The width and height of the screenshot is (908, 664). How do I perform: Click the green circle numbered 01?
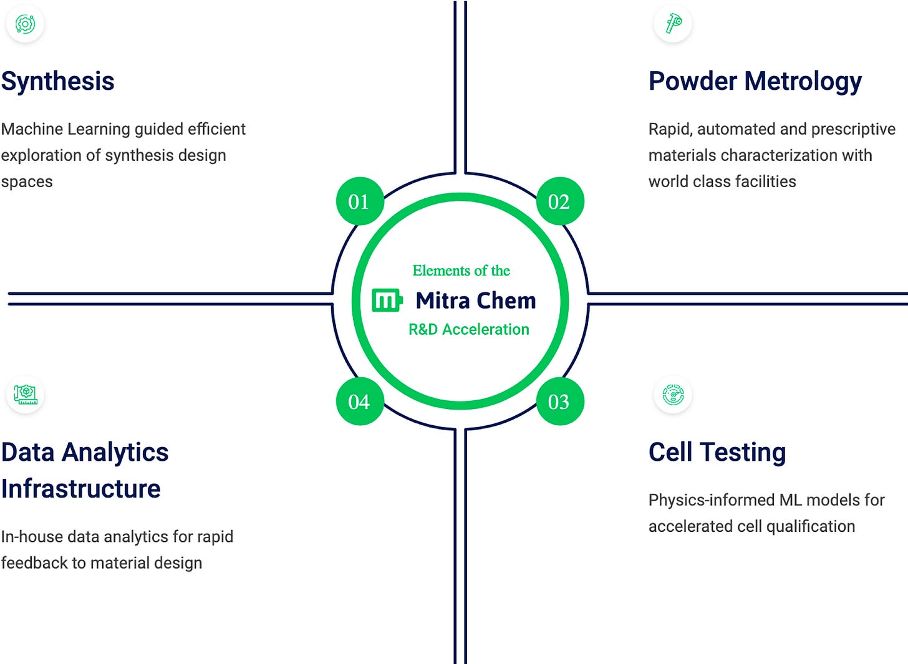359,201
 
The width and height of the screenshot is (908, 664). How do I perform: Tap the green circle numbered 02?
559,201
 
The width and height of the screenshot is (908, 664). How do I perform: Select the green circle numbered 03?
559,402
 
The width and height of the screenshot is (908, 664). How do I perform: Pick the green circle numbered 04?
359,402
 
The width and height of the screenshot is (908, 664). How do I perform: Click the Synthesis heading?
58,81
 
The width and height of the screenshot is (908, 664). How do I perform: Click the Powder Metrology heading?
755,81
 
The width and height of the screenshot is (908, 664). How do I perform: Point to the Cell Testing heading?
717,452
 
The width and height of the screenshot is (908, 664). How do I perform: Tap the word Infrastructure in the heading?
81,489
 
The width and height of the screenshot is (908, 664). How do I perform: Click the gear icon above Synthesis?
25,24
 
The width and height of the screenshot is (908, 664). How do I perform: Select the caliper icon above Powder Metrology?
673,24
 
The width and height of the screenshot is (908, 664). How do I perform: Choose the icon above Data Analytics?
25,394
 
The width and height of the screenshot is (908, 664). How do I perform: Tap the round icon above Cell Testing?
673,395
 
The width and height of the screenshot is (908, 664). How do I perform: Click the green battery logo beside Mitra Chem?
387,300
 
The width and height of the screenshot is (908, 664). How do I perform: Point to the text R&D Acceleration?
468,329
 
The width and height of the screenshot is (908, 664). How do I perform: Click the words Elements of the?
461,271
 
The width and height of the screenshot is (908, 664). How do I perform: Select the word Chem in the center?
506,301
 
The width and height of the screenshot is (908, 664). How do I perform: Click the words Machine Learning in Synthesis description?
65,129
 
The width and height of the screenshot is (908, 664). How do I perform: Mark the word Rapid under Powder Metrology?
670,129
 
